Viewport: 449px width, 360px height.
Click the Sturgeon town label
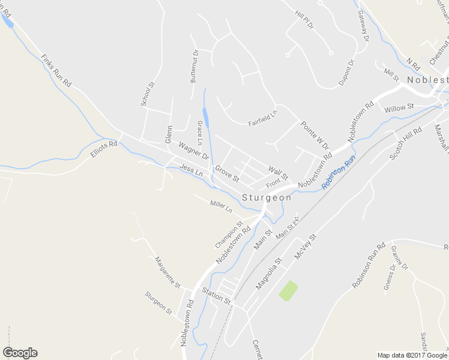click(x=267, y=197)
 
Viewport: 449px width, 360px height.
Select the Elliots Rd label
click(x=103, y=148)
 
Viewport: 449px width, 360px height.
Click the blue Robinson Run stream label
click(x=339, y=173)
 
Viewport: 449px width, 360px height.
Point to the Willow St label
click(x=399, y=108)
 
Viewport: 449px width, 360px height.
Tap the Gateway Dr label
click(x=363, y=26)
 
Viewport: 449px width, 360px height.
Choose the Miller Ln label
click(x=221, y=206)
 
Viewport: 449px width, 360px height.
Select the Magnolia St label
click(x=268, y=274)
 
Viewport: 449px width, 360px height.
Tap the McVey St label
click(x=305, y=247)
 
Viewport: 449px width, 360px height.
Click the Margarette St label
click(x=167, y=272)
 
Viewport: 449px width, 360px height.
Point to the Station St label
click(x=216, y=295)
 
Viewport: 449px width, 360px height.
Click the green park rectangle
click(x=289, y=290)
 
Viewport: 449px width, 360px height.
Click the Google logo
click(x=20, y=353)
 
